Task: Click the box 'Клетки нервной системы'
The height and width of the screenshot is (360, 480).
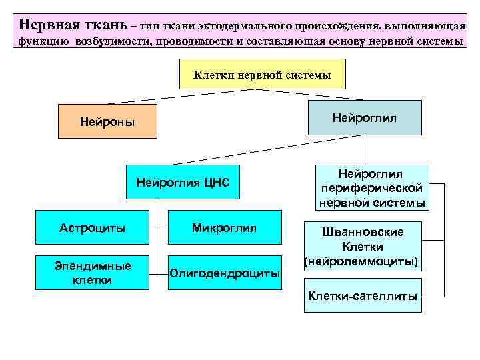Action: click(x=263, y=74)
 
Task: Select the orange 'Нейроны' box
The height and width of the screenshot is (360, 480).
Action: click(x=107, y=121)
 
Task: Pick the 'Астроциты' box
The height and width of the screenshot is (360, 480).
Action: click(x=93, y=228)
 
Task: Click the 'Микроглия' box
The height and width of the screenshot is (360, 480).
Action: click(x=224, y=228)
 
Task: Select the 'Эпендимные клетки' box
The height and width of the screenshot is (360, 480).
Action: click(x=93, y=272)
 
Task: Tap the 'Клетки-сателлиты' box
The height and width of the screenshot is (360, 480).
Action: click(x=362, y=295)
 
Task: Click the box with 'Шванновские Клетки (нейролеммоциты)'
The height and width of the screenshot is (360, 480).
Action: click(x=362, y=246)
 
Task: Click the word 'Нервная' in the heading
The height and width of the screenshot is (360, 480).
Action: click(x=47, y=25)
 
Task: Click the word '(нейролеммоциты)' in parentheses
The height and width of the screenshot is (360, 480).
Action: click(x=362, y=262)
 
